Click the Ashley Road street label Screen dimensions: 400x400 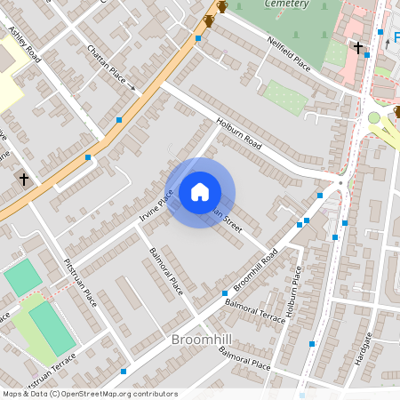24,44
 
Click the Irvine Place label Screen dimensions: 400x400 156,205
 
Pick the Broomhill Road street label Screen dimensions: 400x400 256,270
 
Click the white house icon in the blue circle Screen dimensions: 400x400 200,192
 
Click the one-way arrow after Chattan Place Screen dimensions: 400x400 132,88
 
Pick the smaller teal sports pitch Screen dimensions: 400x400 22,278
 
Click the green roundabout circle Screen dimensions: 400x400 374,118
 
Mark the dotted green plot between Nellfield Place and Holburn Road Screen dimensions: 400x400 284,98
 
